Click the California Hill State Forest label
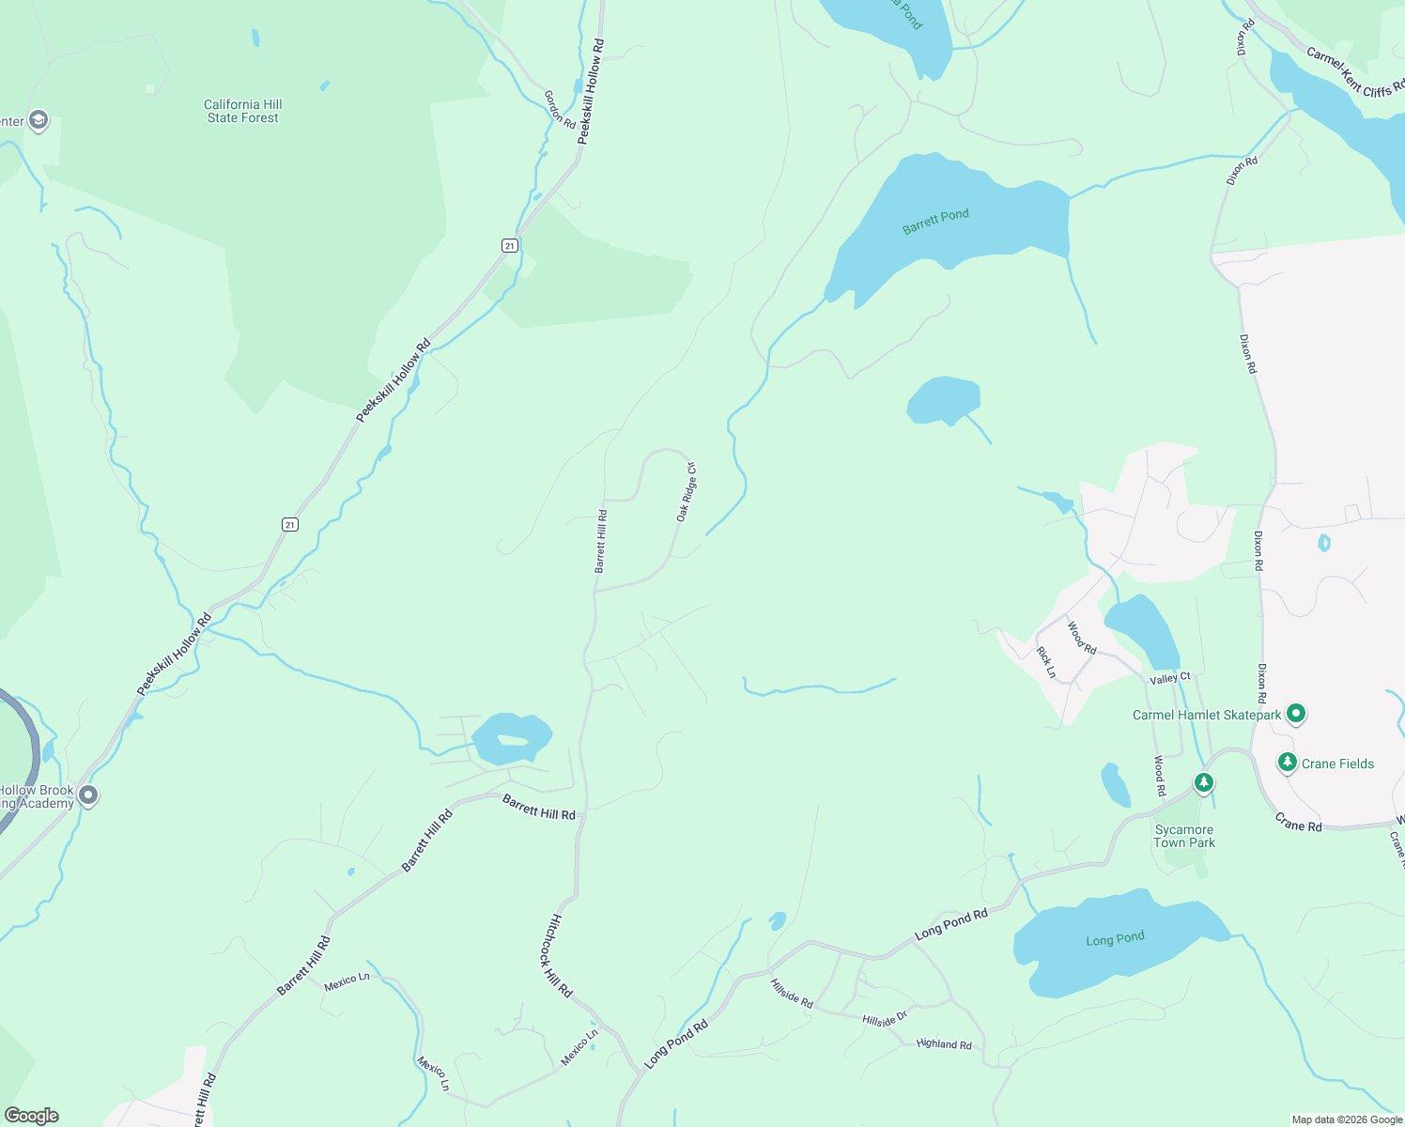coord(242,111)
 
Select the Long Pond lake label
coord(1115,939)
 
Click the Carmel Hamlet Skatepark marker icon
coord(1296,714)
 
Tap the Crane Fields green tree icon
coord(1288,763)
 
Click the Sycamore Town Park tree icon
coord(1203,782)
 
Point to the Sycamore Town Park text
coord(1183,836)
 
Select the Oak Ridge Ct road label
coord(687,492)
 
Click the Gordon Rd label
coord(560,110)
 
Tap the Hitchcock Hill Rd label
coord(555,955)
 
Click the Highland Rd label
coord(944,1043)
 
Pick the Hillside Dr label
coord(885,1019)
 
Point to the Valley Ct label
coord(1169,678)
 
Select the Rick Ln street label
coord(1046,662)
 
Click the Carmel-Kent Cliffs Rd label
coord(1354,73)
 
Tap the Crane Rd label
coord(1298,825)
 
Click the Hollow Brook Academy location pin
coord(88,795)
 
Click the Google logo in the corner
coord(32,1116)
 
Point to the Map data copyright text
coord(1347,1119)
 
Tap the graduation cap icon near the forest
coord(39,120)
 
